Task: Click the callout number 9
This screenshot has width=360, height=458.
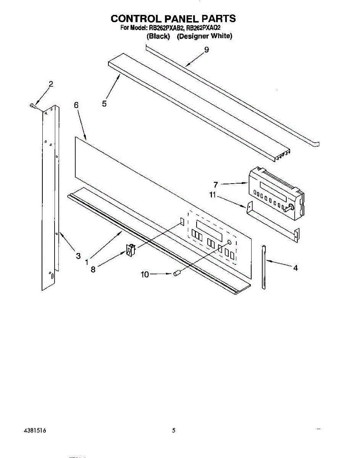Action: pos(207,50)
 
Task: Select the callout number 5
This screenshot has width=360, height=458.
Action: pos(105,103)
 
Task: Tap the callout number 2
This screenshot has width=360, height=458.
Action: pos(51,84)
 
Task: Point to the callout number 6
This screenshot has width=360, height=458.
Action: pos(76,105)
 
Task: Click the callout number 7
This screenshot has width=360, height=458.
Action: pos(216,185)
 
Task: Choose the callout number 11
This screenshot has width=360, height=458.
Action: pos(213,195)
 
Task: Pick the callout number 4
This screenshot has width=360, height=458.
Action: pos(295,268)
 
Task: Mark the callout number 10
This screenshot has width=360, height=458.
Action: pos(145,274)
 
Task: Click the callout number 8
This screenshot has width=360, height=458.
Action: pos(93,269)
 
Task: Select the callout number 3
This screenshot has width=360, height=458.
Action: pos(78,256)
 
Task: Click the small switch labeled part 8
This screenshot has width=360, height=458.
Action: pos(130,250)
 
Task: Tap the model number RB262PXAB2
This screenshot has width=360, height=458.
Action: pos(166,28)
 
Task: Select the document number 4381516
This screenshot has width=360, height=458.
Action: pos(35,431)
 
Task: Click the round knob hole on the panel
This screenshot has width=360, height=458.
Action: pos(229,242)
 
